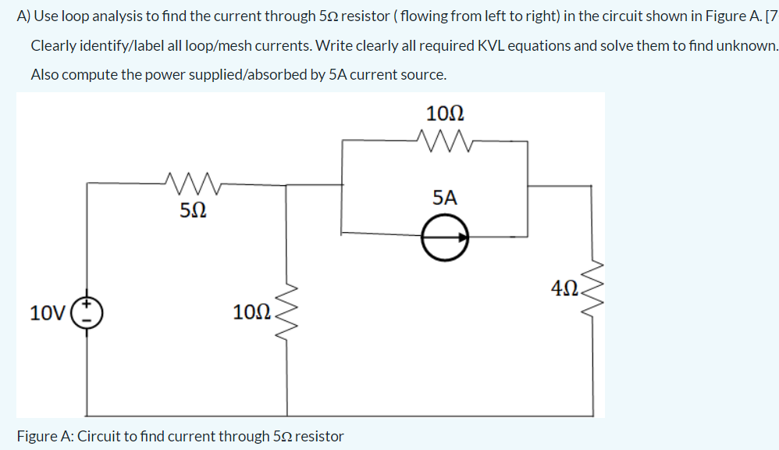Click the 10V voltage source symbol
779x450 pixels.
coord(87,313)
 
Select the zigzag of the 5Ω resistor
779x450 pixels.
coord(194,184)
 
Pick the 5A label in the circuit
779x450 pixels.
coord(443,198)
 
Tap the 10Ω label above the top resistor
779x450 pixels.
coord(445,113)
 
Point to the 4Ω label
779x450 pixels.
coord(564,289)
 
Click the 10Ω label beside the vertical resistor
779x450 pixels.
coord(252,313)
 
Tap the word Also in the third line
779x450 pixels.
coord(45,75)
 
